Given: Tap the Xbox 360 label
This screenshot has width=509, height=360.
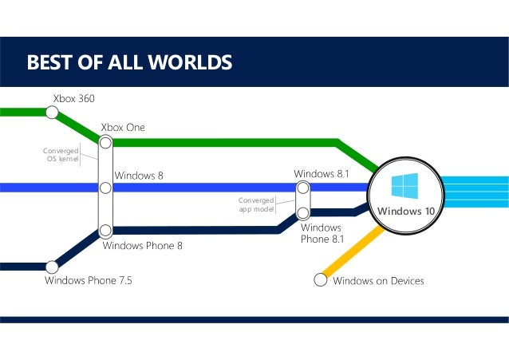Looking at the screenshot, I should (73, 98).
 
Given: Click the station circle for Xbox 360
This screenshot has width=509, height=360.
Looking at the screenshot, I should (52, 113).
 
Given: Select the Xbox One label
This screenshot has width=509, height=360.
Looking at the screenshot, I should (123, 128).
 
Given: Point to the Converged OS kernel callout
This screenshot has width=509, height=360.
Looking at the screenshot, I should (61, 154).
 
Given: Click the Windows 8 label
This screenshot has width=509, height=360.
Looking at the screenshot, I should (139, 175).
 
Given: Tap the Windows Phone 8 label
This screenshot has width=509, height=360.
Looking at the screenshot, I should (143, 246).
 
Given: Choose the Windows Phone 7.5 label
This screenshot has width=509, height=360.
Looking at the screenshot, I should (89, 281).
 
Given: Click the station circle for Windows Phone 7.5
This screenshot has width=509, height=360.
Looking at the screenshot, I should (52, 266).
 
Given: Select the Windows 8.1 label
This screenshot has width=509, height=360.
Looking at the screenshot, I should (322, 173).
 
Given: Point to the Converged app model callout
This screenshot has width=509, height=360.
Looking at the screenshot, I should (256, 204).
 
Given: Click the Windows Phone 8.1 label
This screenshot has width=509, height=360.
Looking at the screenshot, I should (322, 233).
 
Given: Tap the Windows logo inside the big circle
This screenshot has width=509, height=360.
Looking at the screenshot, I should (404, 187).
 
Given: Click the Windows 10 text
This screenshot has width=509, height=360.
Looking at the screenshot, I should (405, 212).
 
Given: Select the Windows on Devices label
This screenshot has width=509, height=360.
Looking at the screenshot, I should (378, 281).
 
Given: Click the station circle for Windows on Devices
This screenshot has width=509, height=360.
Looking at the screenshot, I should (321, 279).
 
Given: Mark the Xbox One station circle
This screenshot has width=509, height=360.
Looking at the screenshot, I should (105, 144).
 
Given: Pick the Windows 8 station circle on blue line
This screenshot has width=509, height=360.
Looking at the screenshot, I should (105, 188).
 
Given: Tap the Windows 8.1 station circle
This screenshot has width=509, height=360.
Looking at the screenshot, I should (303, 188).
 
